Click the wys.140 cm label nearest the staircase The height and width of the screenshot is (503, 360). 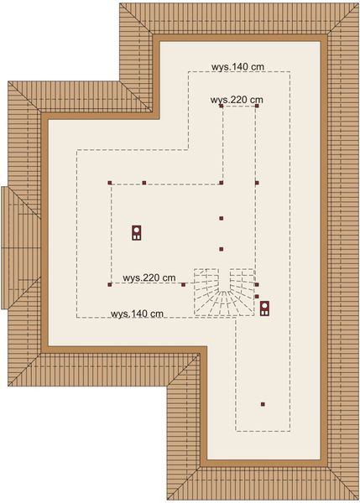click(136, 314)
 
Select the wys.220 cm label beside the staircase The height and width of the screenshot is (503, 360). click(149, 277)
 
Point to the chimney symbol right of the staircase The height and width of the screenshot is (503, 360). click(263, 309)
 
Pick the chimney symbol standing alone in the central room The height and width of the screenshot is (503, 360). click(136, 232)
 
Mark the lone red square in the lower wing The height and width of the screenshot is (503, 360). click(263, 404)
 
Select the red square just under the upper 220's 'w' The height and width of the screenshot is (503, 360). click(221, 106)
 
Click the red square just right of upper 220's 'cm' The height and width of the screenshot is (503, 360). click(257, 106)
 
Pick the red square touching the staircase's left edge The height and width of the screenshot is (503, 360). click(184, 285)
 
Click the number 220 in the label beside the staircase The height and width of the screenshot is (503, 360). click(151, 277)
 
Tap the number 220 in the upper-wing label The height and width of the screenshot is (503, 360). click(239, 100)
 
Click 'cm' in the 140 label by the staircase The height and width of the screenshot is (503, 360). click(155, 314)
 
